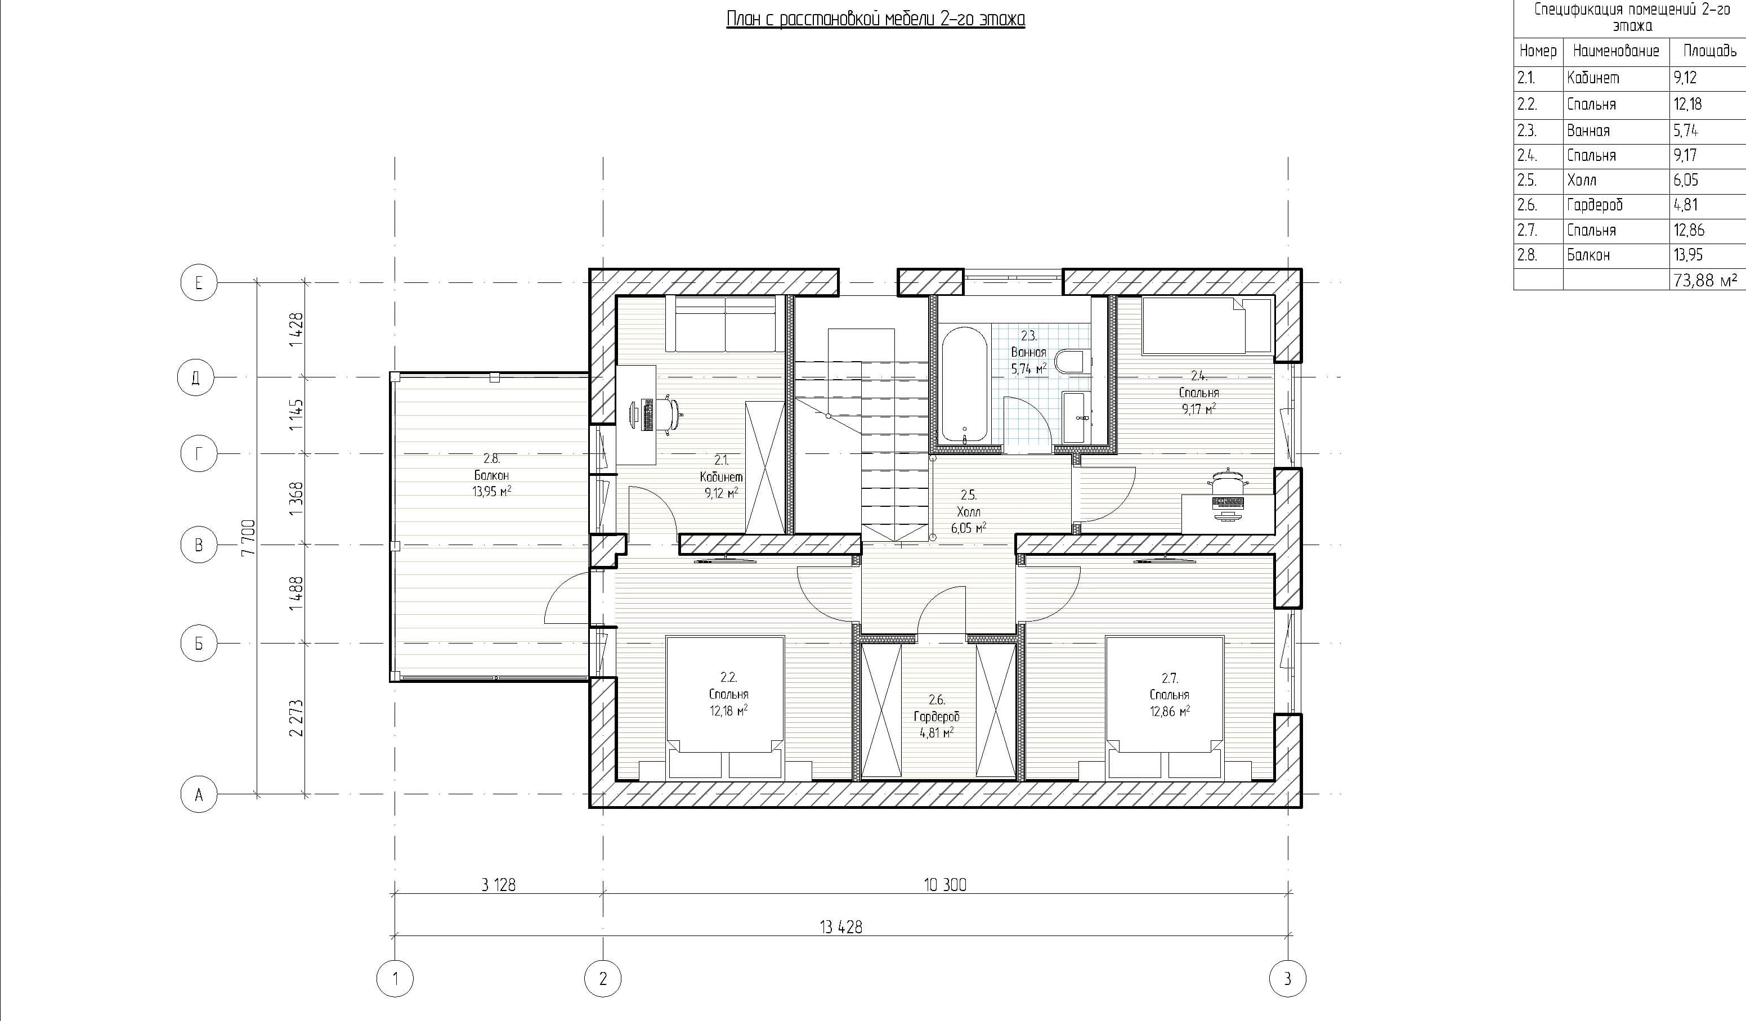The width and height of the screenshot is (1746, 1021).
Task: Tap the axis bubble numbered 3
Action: [1287, 979]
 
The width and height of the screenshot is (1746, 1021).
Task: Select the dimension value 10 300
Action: [944, 884]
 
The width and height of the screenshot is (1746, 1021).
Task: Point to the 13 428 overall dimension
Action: [840, 927]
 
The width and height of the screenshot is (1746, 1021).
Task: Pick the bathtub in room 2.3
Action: [964, 384]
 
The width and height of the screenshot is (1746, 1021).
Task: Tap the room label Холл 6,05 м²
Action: [968, 512]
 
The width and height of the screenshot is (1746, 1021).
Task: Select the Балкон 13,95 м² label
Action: [491, 475]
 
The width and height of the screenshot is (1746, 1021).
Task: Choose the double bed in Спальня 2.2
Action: [725, 707]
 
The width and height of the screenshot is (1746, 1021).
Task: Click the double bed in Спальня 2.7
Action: [1165, 707]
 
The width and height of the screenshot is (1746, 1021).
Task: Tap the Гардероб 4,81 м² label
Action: [936, 717]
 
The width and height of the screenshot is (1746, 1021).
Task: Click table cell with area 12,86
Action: [1689, 230]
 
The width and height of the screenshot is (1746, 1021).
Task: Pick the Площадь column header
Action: [1709, 51]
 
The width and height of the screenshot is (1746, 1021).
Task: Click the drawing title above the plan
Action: [875, 19]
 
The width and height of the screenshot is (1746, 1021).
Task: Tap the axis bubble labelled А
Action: [198, 794]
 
